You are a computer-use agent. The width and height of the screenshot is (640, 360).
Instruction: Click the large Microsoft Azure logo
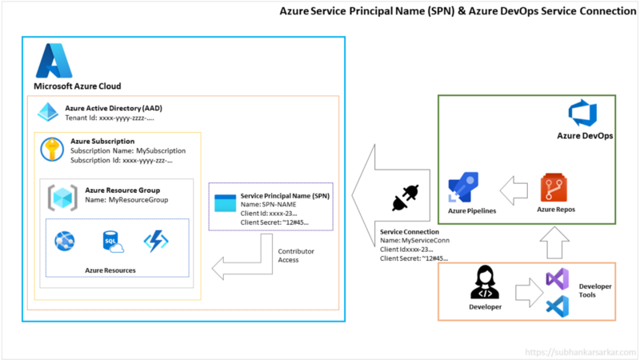pos(54,60)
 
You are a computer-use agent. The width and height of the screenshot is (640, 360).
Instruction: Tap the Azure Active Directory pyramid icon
pos(48,112)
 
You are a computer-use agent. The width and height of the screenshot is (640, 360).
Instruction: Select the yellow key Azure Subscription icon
pos(54,150)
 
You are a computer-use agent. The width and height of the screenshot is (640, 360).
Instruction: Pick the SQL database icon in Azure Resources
pos(112,241)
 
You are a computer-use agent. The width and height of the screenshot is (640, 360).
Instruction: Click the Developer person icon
pos(484,282)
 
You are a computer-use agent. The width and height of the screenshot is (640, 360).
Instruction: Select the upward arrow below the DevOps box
pos(557,238)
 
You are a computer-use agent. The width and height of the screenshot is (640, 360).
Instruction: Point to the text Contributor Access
pos(295,255)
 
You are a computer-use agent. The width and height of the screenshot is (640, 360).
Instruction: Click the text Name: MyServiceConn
pos(415,240)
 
